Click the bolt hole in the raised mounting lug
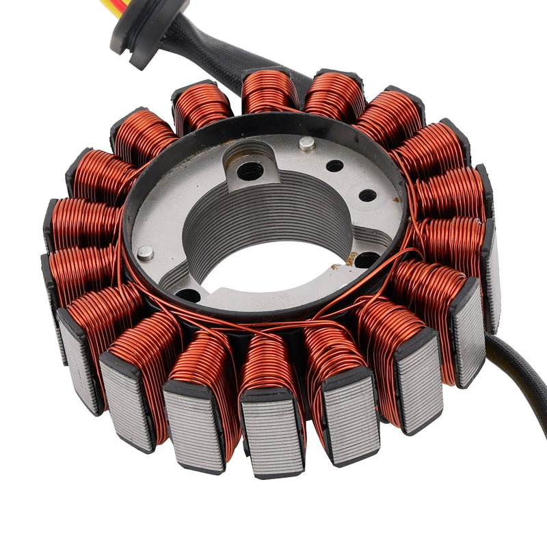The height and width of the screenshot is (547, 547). click(250, 171)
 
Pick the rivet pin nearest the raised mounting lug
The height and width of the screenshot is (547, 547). click(308, 144)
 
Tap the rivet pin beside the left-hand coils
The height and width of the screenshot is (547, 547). click(145, 252)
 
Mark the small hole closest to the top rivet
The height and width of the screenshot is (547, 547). click(334, 165)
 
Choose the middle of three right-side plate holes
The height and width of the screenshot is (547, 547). click(368, 196)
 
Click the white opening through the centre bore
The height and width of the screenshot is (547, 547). click(273, 273)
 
